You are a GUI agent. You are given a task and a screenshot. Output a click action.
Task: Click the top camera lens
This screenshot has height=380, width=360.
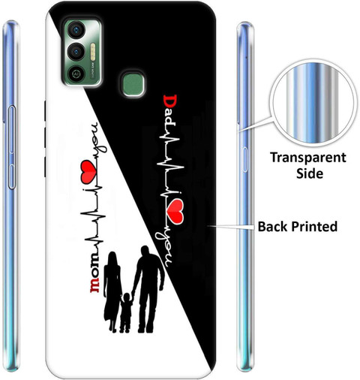(76, 30)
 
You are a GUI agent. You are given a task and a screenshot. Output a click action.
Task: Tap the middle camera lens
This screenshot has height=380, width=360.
(76, 52)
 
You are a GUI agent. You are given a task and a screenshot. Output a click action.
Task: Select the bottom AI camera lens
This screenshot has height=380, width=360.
(76, 74)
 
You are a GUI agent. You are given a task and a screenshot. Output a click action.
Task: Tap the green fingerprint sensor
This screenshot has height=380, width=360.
(133, 85)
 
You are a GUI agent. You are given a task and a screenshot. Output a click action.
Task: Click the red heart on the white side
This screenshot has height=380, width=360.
(88, 171)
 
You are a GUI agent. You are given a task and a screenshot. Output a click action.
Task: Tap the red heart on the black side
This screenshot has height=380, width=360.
(175, 211)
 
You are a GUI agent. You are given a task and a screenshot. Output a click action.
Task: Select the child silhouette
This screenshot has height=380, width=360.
(126, 312)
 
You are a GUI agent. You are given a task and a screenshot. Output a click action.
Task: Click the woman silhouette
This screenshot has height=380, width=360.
(112, 291)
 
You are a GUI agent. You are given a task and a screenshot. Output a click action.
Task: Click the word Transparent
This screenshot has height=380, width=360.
(308, 158)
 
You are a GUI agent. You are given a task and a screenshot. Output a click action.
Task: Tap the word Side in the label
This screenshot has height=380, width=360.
(310, 173)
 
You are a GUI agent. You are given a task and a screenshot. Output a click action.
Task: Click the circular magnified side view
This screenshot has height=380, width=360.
(313, 106)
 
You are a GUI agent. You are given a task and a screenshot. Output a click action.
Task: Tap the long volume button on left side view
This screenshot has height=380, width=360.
(12, 129)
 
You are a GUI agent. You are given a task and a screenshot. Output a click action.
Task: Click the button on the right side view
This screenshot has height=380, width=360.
(244, 160)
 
